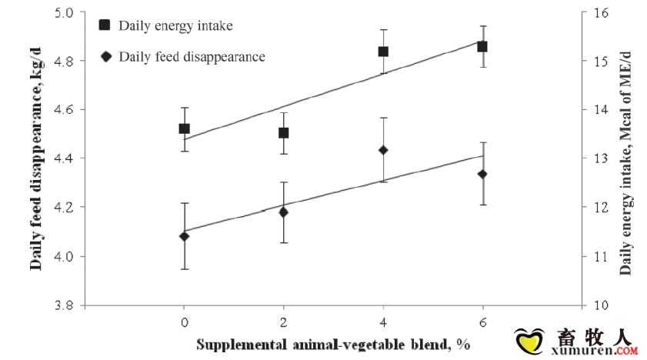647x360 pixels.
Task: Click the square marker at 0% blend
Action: point(184,128)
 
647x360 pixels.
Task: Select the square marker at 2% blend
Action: point(283,132)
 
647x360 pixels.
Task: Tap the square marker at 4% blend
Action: point(383,52)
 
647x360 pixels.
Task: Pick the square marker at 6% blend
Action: point(482,46)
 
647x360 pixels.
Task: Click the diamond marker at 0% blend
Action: point(184,236)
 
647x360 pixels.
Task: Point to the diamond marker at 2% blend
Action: point(283,212)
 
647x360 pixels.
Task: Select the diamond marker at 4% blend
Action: point(383,150)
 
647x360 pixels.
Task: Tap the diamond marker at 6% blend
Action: point(482,175)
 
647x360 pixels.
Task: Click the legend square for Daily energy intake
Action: point(105,25)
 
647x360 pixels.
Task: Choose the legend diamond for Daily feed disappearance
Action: point(105,56)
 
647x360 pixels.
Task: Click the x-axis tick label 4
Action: point(383,321)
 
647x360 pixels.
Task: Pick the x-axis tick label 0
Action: point(184,321)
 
